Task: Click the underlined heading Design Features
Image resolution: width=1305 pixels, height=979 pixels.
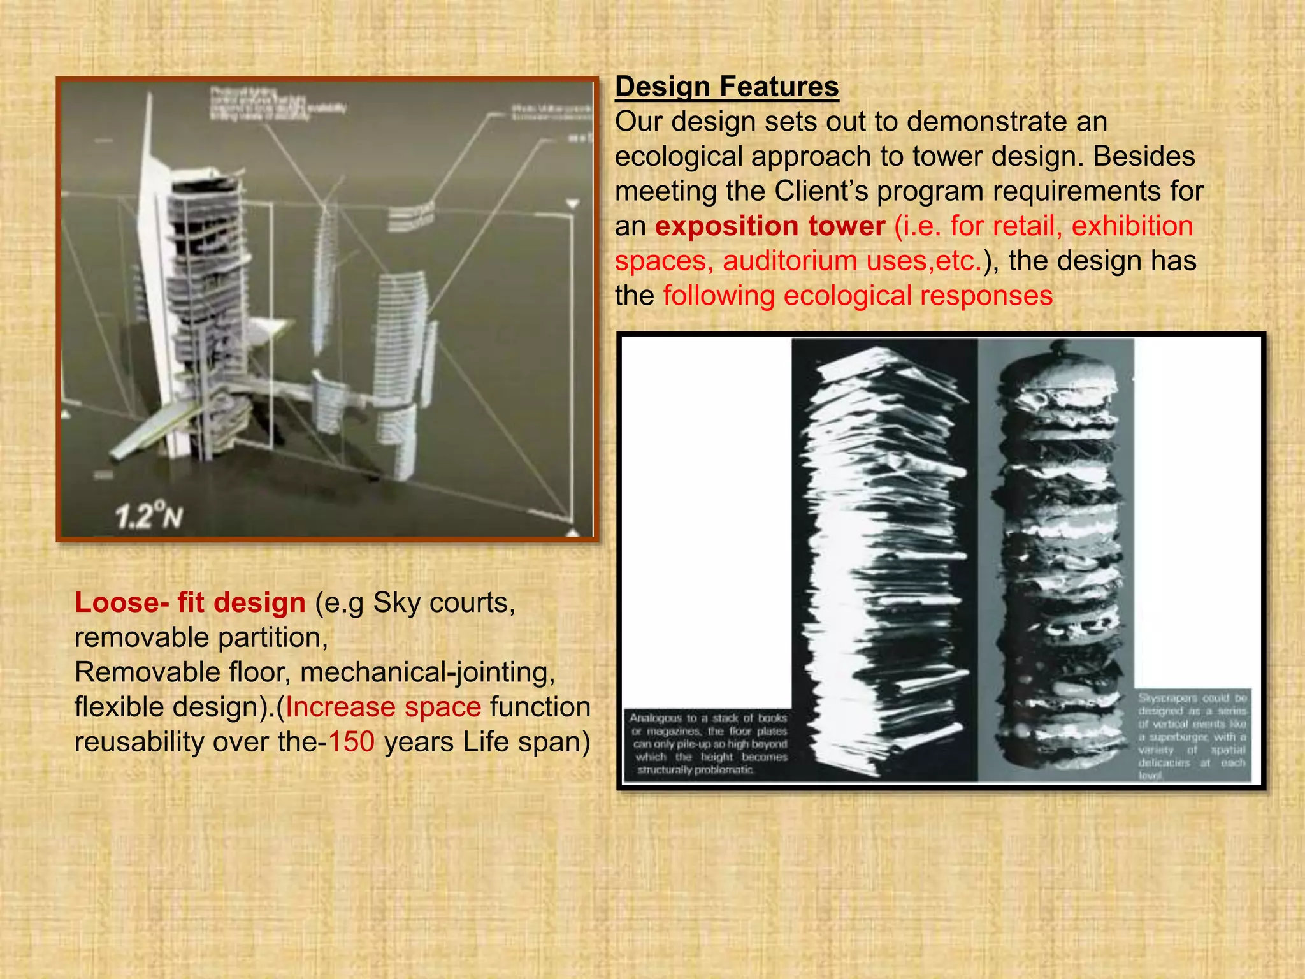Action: [x=726, y=87]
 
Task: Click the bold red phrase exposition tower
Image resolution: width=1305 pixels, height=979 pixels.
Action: [x=770, y=226]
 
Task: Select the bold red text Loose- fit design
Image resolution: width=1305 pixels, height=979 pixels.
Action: [x=190, y=603]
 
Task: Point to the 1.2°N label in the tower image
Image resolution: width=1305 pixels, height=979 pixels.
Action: [x=149, y=516]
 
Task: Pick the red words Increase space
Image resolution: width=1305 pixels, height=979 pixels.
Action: [x=383, y=707]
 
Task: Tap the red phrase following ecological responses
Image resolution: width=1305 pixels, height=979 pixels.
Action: [x=858, y=296]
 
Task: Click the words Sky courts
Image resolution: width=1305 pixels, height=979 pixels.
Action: [x=443, y=603]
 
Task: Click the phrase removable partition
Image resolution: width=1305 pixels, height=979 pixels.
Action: [x=201, y=638]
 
